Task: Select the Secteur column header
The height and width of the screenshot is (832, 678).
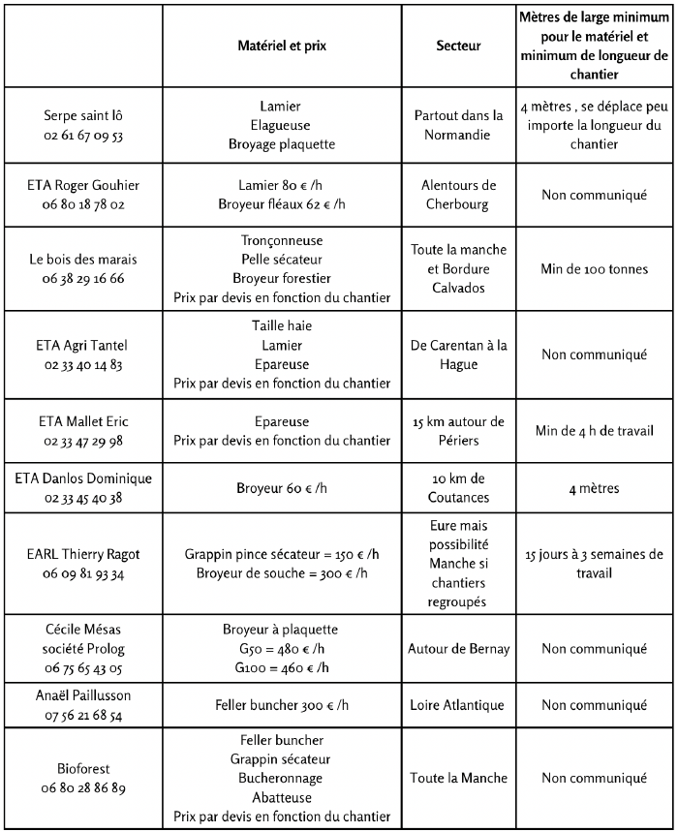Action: pyautogui.click(x=459, y=46)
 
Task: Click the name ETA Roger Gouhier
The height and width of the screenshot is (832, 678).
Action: pyautogui.click(x=83, y=185)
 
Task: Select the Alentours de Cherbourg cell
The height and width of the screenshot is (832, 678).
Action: pyautogui.click(x=459, y=195)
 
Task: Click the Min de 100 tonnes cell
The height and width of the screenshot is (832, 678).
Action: pyautogui.click(x=595, y=268)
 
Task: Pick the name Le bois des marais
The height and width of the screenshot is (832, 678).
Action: pyautogui.click(x=83, y=259)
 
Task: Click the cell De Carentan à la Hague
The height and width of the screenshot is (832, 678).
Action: pyautogui.click(x=459, y=354)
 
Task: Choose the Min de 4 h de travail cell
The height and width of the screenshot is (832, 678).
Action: pyautogui.click(x=595, y=430)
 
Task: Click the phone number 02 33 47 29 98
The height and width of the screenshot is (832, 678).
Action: pyautogui.click(x=83, y=440)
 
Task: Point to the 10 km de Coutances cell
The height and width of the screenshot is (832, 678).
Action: pyautogui.click(x=459, y=488)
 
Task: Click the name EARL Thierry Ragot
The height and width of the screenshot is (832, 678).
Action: pyautogui.click(x=83, y=554)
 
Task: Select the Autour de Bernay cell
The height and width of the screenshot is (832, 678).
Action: pyautogui.click(x=459, y=648)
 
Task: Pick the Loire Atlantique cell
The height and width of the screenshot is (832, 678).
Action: pyautogui.click(x=459, y=705)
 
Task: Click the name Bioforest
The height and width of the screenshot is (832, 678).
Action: pyautogui.click(x=83, y=768)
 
